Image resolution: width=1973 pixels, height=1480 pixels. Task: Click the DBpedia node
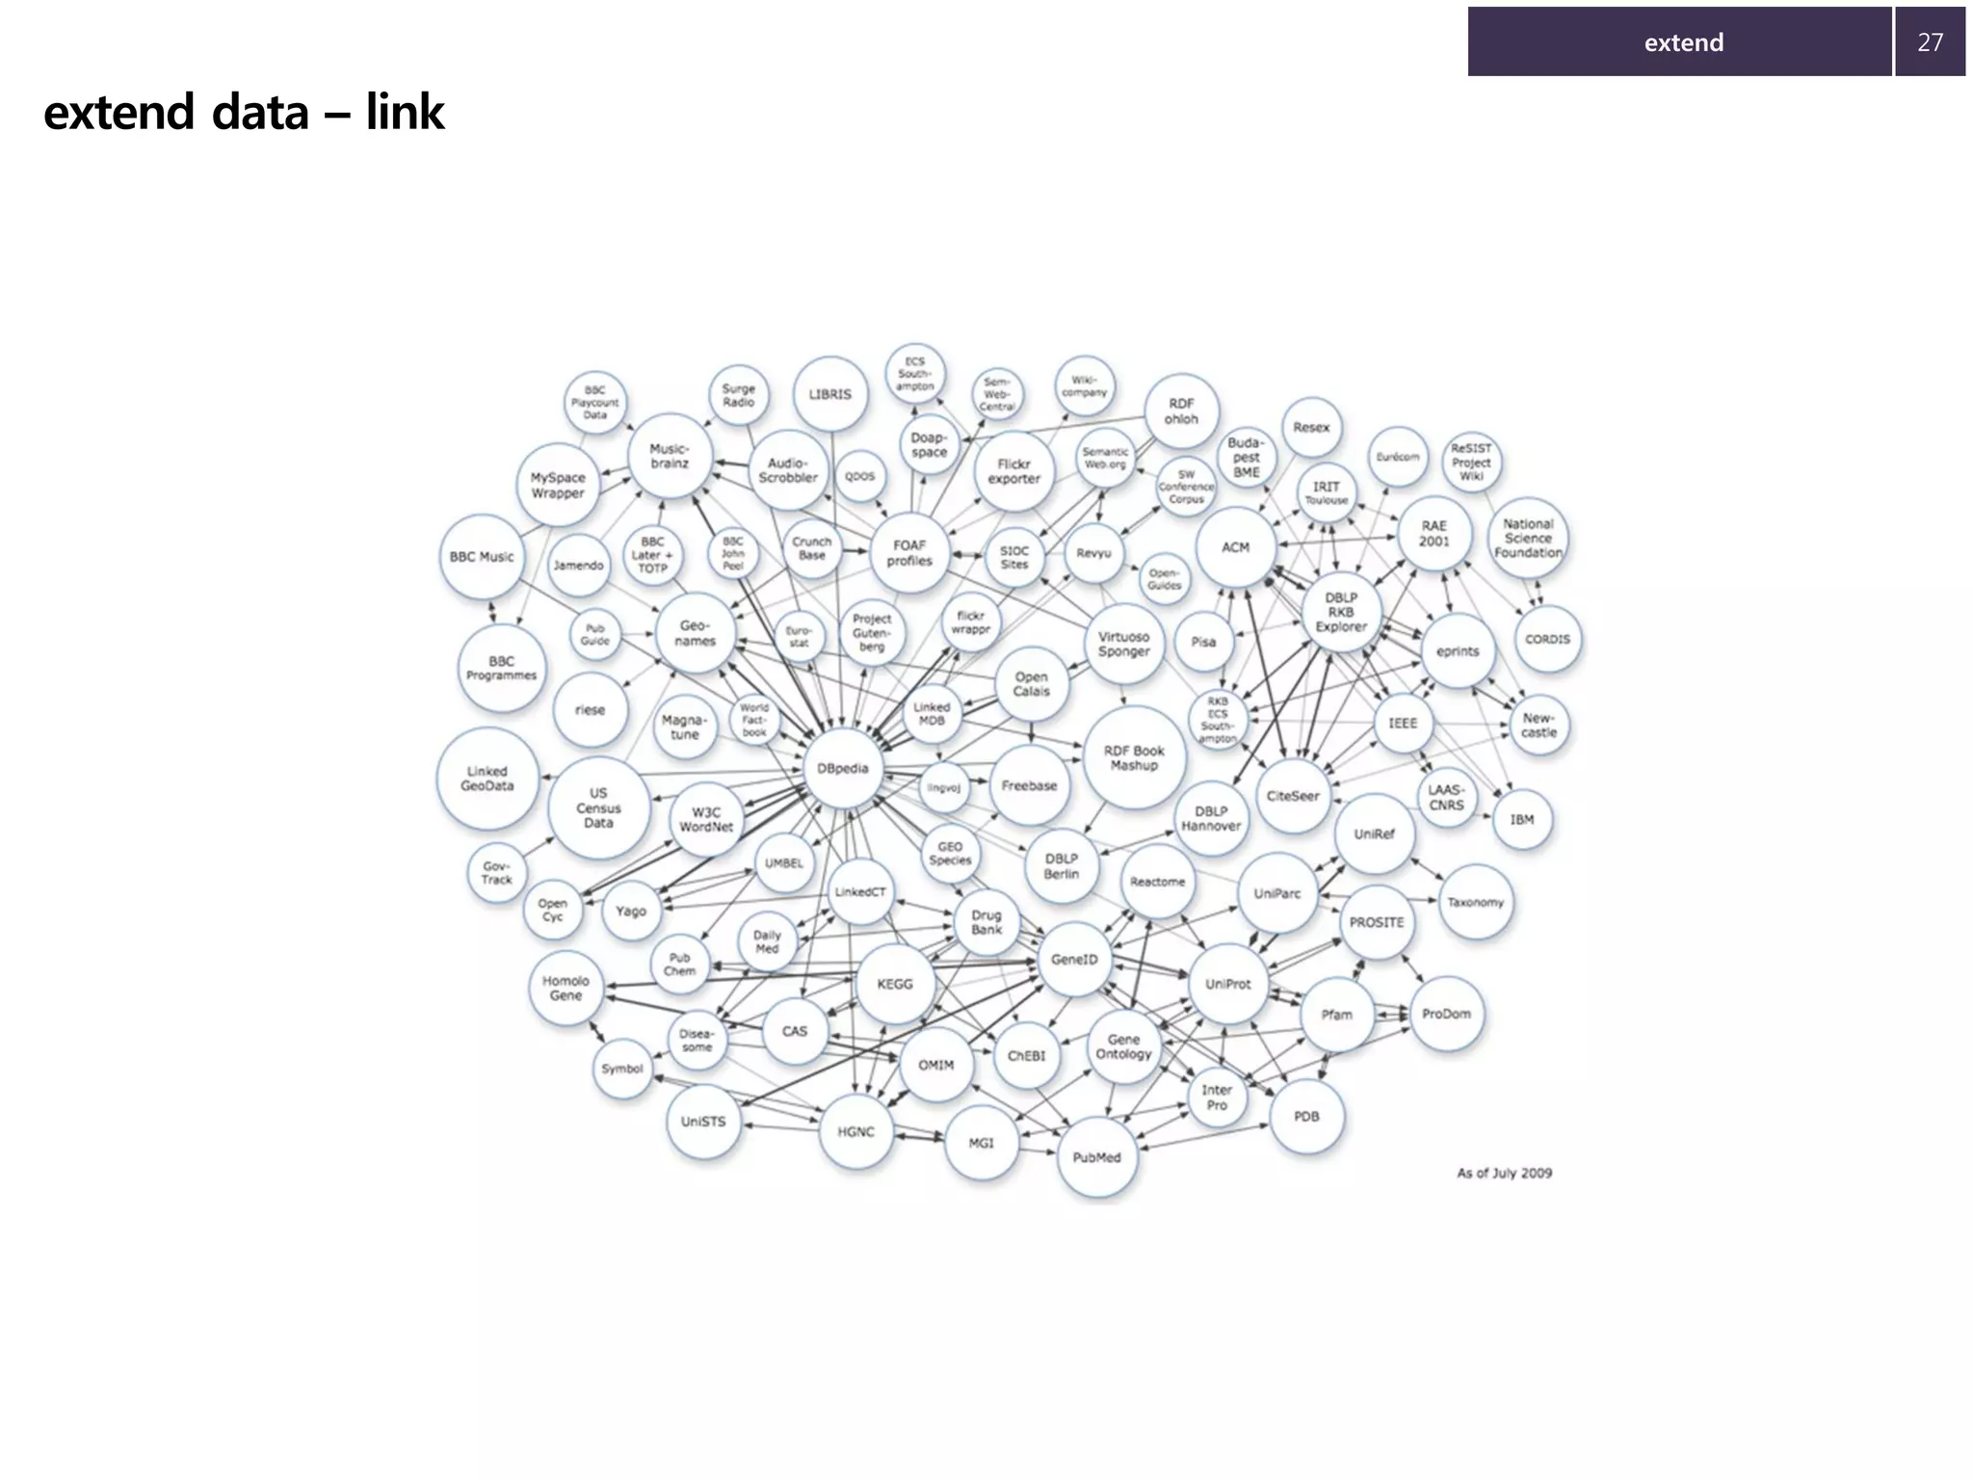(843, 769)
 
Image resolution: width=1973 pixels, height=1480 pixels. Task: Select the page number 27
(1930, 42)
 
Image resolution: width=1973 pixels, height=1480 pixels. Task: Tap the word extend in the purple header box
(1683, 42)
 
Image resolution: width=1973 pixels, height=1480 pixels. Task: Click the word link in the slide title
(405, 113)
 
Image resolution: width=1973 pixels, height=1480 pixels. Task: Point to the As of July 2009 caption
(1504, 1173)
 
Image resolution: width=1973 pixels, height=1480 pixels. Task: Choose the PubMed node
(1096, 1157)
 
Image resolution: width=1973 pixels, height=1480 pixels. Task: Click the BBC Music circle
(482, 557)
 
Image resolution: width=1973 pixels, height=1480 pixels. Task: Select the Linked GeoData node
(487, 779)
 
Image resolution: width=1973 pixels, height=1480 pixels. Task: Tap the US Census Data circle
(598, 808)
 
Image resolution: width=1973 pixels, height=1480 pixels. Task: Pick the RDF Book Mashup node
(1134, 758)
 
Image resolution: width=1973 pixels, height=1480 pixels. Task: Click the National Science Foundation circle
(1528, 539)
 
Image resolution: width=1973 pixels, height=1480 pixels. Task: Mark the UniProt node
(1227, 984)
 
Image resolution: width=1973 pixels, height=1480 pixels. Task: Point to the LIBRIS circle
(829, 395)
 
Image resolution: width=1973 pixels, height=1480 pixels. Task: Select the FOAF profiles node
(909, 553)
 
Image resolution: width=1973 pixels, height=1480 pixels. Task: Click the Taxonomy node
(1475, 903)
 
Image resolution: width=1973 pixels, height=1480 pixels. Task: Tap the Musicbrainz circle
(670, 457)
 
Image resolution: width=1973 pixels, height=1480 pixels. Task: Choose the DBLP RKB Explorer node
(1341, 612)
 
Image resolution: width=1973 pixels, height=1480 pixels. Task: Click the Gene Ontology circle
(1123, 1046)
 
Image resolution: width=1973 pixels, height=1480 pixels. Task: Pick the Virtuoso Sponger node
(1123, 644)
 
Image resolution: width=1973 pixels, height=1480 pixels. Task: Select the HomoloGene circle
(566, 989)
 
